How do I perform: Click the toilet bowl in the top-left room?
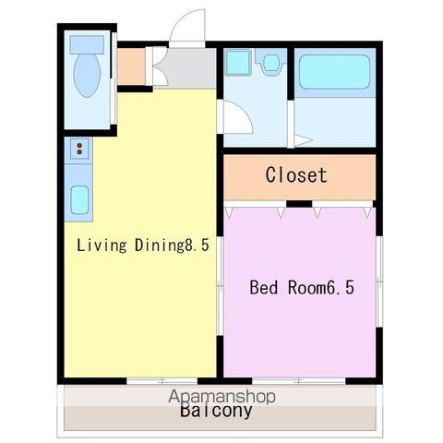pos(87,76)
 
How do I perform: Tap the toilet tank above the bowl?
pos(87,45)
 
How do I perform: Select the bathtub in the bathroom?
pos(334,72)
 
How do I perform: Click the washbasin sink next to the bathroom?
pos(271,62)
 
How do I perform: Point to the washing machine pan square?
pos(237,63)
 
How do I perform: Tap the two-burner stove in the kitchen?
pos(79,149)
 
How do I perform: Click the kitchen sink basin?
pos(79,199)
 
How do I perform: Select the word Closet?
pos(296,175)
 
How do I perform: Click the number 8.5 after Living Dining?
pos(197,245)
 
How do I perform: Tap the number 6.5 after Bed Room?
pos(341,288)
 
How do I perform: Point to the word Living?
pos(102,245)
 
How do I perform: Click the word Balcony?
pos(216,411)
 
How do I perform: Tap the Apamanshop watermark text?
pos(221,396)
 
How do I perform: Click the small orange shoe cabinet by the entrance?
pos(131,66)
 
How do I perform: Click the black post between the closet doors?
pos(299,204)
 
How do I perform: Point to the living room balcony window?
pos(162,381)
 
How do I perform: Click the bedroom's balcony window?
pos(299,381)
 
